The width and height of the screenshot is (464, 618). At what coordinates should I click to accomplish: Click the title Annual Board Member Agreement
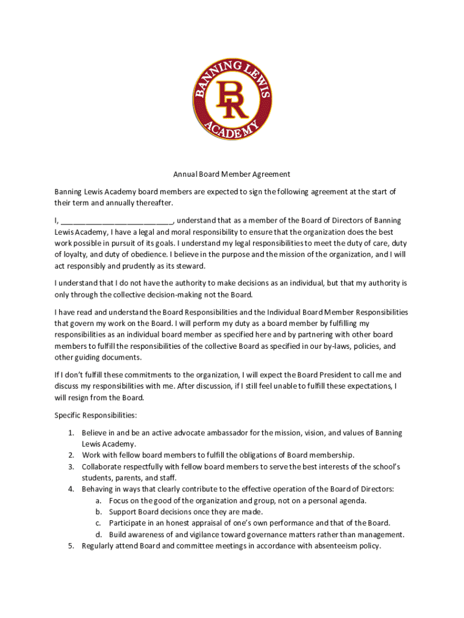(x=232, y=174)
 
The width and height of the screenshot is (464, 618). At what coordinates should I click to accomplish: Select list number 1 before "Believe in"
(x=71, y=433)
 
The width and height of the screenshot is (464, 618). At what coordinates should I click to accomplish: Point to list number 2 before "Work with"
(x=71, y=455)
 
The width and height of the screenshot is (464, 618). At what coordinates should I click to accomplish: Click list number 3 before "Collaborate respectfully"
(x=71, y=467)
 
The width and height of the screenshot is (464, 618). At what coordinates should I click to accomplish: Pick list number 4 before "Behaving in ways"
(x=71, y=489)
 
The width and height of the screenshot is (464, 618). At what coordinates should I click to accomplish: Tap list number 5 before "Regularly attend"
(x=71, y=546)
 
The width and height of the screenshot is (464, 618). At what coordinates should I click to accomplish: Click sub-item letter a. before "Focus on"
(x=98, y=500)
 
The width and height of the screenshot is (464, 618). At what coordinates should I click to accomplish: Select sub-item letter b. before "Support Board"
(x=98, y=512)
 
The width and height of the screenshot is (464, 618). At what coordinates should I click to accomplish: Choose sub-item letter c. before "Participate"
(x=98, y=523)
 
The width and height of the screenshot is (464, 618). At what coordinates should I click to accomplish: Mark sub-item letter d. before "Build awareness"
(x=98, y=534)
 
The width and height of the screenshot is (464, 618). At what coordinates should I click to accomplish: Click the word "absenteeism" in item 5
(x=339, y=546)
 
